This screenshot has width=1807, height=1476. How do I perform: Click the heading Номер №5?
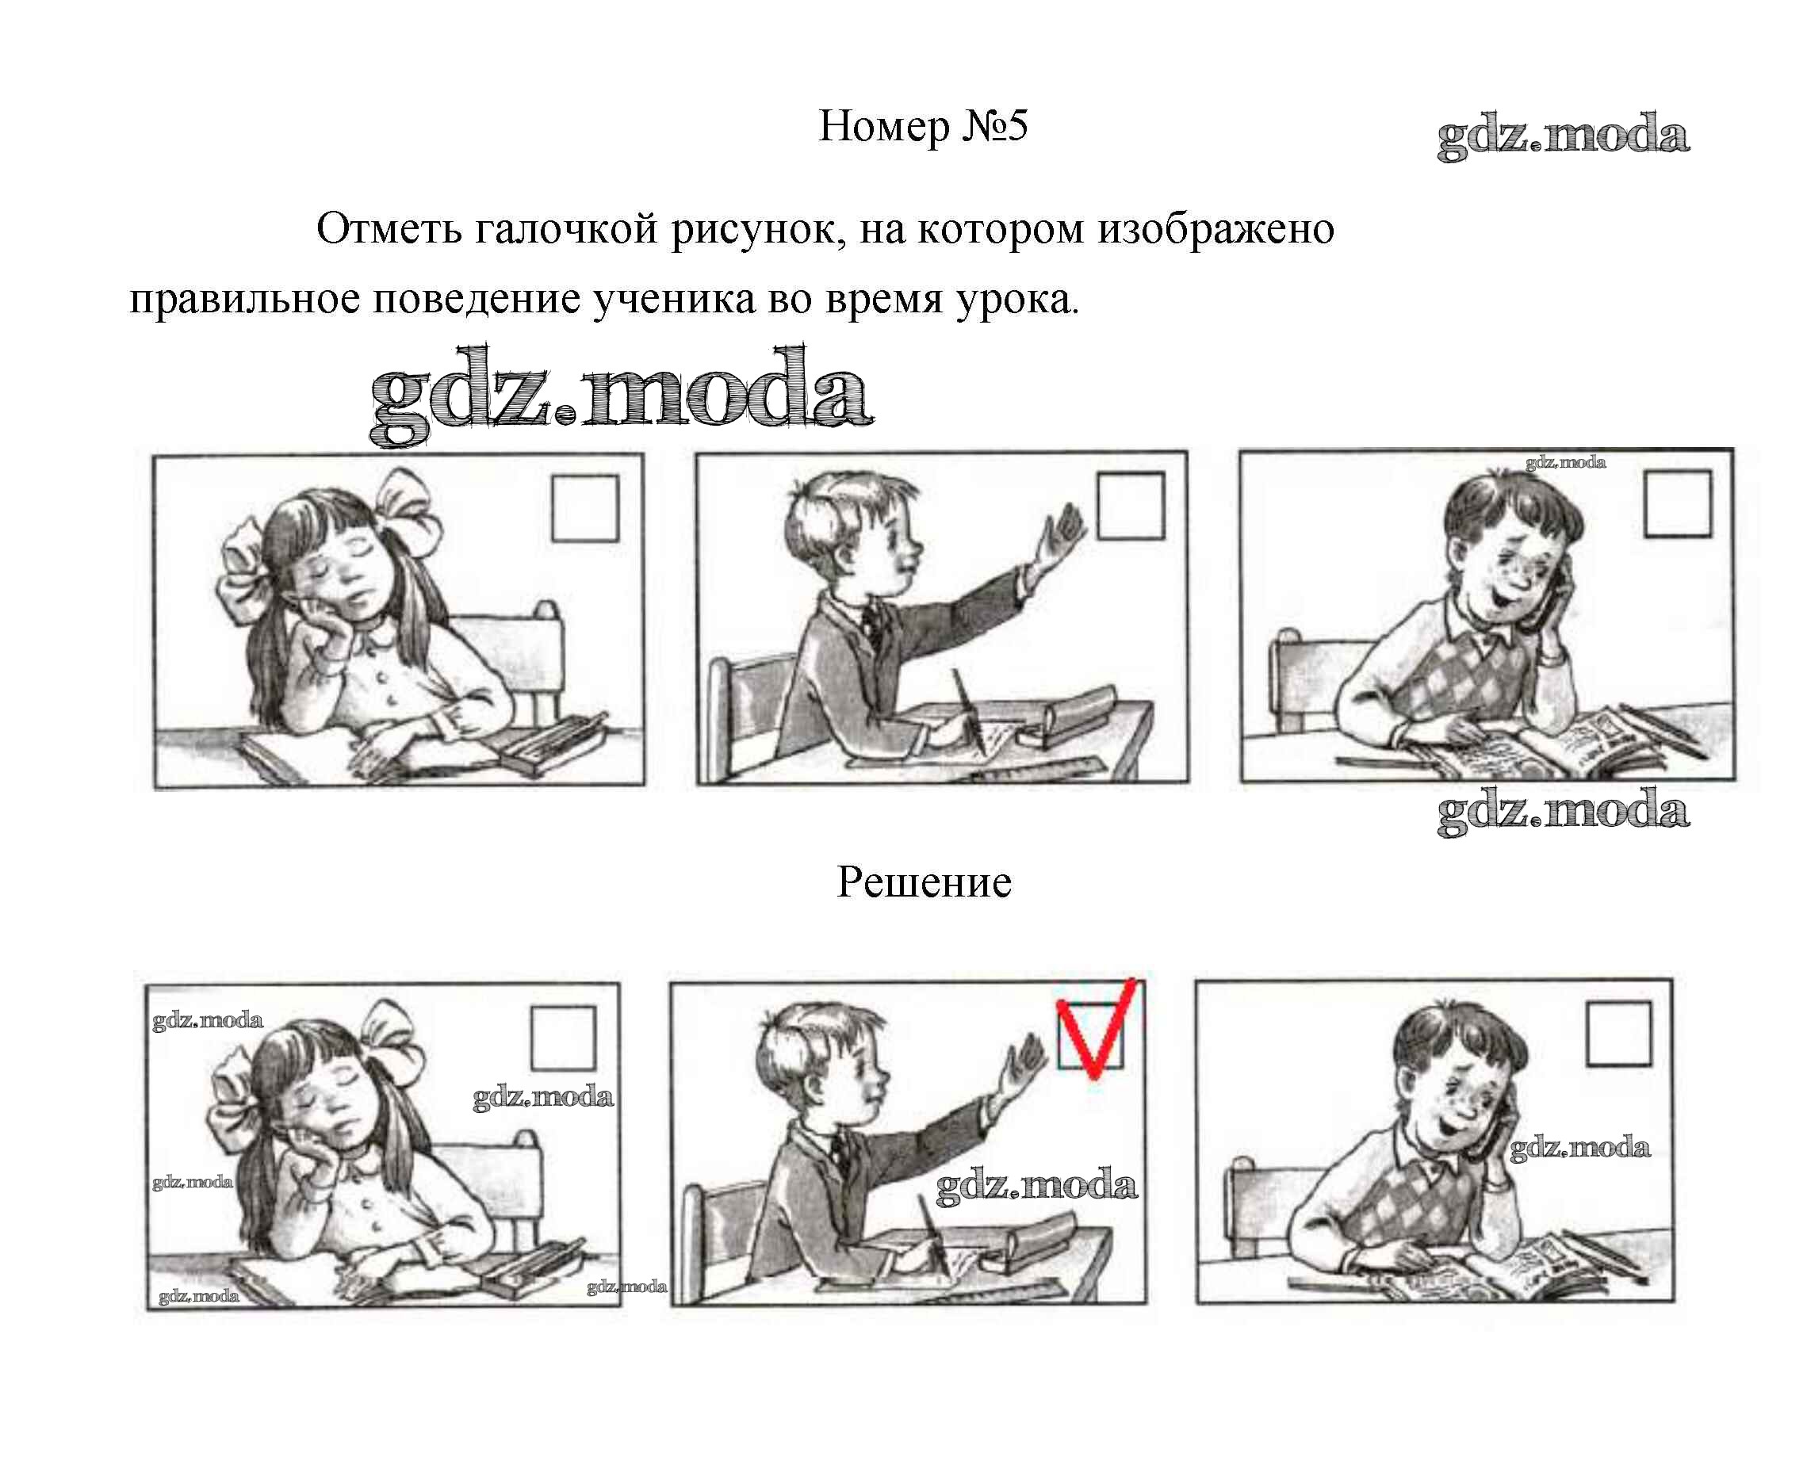pos(923,127)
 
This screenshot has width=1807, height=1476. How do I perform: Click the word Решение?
pos(925,882)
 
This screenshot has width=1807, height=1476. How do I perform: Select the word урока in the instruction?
pos(1017,300)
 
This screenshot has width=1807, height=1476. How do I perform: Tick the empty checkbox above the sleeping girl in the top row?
pos(585,508)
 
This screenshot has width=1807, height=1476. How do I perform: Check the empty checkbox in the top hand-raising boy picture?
pos(1130,506)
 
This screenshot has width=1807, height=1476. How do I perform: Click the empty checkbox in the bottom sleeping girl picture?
pos(563,1038)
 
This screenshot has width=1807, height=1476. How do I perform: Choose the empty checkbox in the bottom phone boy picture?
pos(1618,1033)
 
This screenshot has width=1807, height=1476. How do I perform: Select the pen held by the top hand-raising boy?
pos(969,713)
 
